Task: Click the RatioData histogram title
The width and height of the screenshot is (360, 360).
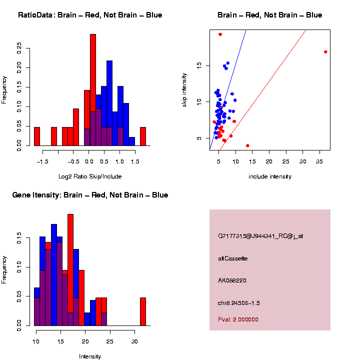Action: (x=89, y=15)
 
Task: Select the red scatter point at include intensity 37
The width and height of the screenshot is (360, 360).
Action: (x=325, y=52)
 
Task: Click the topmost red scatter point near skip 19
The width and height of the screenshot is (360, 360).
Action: (x=220, y=34)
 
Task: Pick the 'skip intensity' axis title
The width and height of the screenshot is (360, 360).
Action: (x=184, y=89)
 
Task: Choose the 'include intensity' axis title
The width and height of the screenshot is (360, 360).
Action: (x=269, y=176)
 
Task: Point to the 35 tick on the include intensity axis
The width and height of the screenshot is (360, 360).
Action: (x=318, y=161)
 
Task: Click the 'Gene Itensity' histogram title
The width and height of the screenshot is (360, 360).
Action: (x=90, y=195)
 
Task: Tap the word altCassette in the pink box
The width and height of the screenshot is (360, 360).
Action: (x=233, y=258)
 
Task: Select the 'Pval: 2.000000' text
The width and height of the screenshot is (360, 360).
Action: (x=238, y=319)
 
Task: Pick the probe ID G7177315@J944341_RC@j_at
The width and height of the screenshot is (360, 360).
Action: (x=260, y=236)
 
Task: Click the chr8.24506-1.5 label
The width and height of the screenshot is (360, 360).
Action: (x=239, y=303)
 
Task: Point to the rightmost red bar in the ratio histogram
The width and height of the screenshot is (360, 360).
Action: (x=142, y=136)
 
